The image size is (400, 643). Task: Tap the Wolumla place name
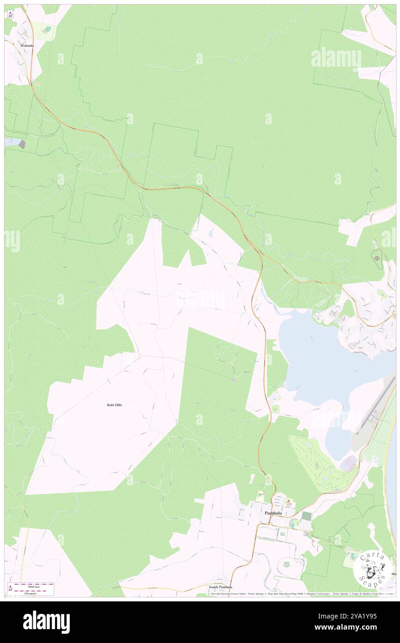coord(27,46)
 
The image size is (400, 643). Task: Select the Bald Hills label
coord(114,405)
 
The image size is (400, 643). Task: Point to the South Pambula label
coord(220,587)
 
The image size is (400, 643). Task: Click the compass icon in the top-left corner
coord(11,14)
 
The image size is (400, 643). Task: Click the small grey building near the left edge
coord(22,144)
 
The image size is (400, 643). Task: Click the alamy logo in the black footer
coord(46,622)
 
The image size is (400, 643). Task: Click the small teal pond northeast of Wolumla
coord(48,29)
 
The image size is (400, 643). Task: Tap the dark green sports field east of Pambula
coord(306,515)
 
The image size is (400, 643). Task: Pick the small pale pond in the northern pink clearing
coord(211,234)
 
